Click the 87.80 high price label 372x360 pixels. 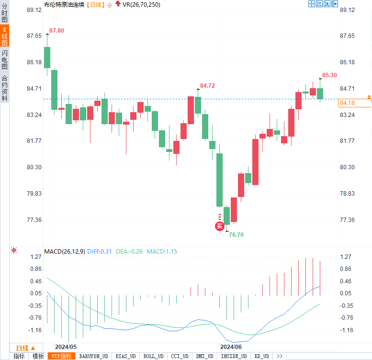coord(56,31)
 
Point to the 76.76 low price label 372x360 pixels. coord(237,234)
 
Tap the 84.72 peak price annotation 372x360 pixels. coord(208,86)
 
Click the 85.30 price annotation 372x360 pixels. coord(329,75)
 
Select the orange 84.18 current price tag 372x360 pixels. coord(347,103)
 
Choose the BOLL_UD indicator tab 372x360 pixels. coord(153,356)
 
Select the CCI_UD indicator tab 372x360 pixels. coord(180,356)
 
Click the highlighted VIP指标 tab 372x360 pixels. coord(62,356)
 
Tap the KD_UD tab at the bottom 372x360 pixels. coord(261,356)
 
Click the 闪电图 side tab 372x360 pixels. coord(4,60)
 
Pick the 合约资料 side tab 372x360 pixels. coord(4,88)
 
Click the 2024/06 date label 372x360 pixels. coord(231,346)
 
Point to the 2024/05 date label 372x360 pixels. coord(66,346)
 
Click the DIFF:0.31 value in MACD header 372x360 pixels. coord(100,252)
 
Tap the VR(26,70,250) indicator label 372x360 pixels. coord(141,4)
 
